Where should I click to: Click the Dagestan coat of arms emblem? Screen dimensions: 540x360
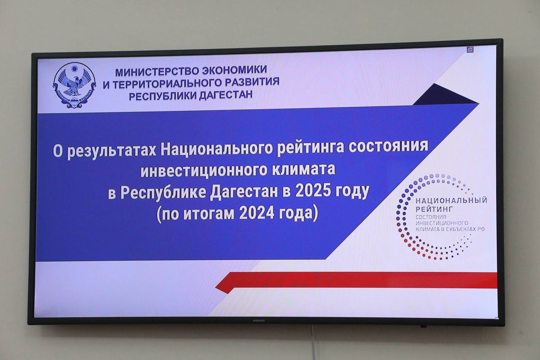[x=75, y=84]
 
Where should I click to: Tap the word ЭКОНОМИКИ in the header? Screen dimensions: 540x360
[x=234, y=70]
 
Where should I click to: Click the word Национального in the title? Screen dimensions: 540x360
[x=217, y=151]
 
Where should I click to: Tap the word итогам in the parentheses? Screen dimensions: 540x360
[x=209, y=214]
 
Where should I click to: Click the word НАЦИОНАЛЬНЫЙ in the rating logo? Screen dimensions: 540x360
[x=451, y=200]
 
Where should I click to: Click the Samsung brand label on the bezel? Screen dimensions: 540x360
[x=259, y=320]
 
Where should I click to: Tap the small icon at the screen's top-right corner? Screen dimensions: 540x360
[x=470, y=50]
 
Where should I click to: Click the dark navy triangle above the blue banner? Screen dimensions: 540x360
[x=445, y=95]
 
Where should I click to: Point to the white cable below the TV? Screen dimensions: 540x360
[x=313, y=342]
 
